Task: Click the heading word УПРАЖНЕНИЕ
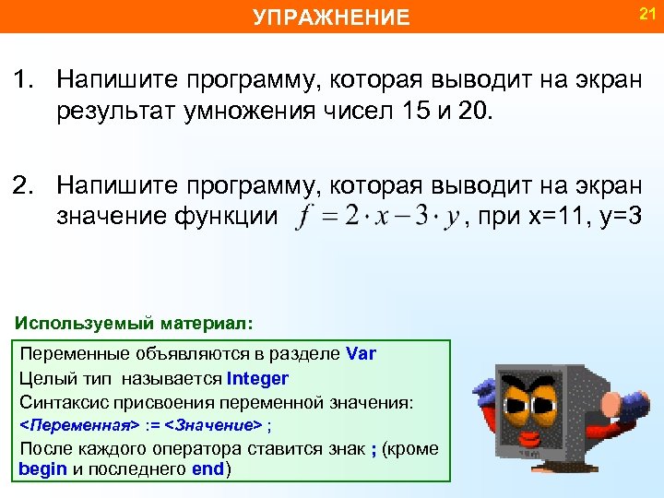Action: pyautogui.click(x=331, y=18)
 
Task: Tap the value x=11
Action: pyautogui.click(x=564, y=218)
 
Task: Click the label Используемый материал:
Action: pyautogui.click(x=134, y=324)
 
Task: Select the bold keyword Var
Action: pyautogui.click(x=361, y=354)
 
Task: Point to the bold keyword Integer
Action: pyautogui.click(x=257, y=378)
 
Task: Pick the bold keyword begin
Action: pyautogui.click(x=42, y=468)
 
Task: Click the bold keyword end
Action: pyautogui.click(x=208, y=468)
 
